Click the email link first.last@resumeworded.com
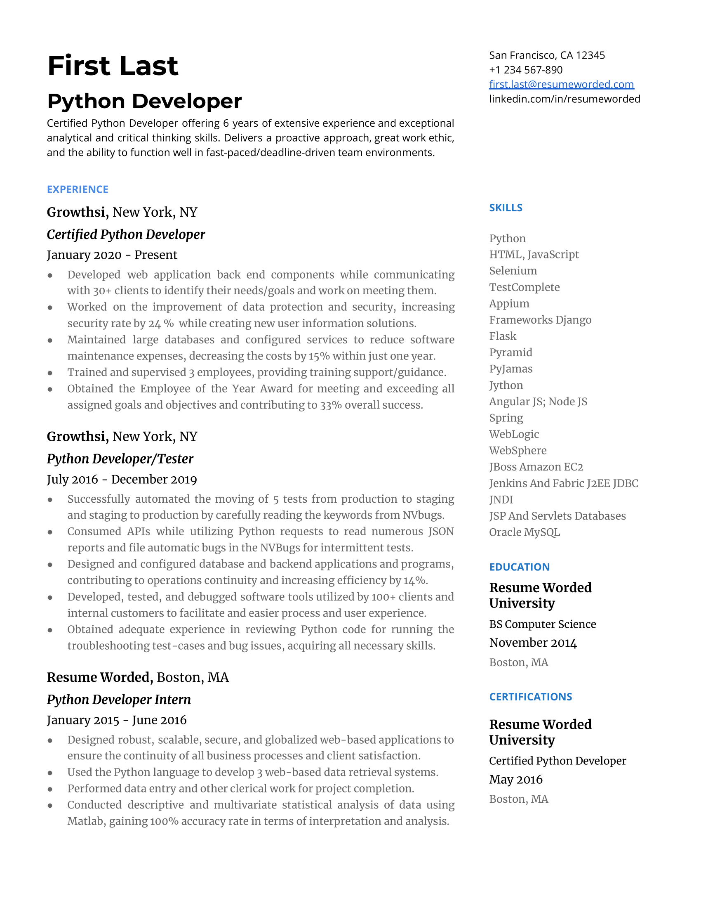click(x=561, y=84)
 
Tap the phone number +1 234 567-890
click(x=525, y=70)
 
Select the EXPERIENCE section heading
click(x=78, y=189)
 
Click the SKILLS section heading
click(x=506, y=208)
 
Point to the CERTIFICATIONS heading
click(x=530, y=697)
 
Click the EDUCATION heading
click(x=519, y=567)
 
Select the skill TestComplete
click(x=524, y=287)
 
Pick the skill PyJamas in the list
click(x=510, y=369)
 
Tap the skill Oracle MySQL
click(x=524, y=532)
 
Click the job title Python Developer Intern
click(x=119, y=700)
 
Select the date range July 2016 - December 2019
click(x=122, y=479)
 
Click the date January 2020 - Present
click(x=112, y=255)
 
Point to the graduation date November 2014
click(x=533, y=643)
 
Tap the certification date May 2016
click(x=515, y=780)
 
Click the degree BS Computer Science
click(x=542, y=624)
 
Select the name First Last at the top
click(x=113, y=66)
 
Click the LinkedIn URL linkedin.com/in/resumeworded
click(x=565, y=99)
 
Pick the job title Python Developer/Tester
click(x=120, y=459)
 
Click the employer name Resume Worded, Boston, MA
click(x=137, y=677)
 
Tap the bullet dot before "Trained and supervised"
click(x=50, y=373)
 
